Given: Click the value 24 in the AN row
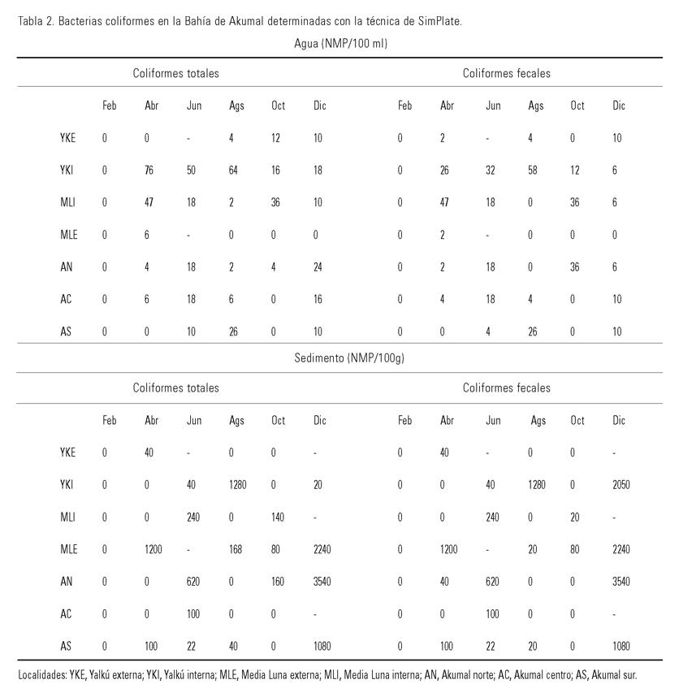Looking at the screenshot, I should tap(318, 266).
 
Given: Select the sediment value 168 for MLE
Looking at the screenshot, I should tap(236, 549).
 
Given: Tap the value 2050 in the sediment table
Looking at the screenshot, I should tap(621, 485).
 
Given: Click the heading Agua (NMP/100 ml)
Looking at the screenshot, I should tap(340, 44).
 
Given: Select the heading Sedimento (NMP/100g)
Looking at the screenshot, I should tap(349, 357).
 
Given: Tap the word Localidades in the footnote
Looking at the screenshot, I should tap(43, 675).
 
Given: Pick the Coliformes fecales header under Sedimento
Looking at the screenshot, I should tap(506, 388).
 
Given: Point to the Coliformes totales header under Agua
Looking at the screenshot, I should tap(176, 73).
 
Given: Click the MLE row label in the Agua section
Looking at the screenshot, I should tap(68, 234).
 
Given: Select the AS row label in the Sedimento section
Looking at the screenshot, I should tap(67, 647).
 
